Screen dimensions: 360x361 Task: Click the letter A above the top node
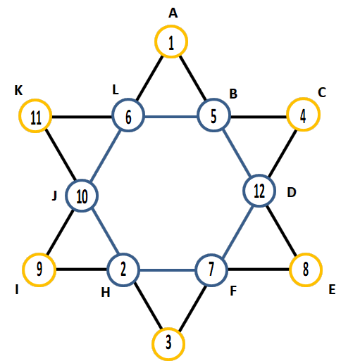[x=173, y=13]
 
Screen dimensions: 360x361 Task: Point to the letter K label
[x=18, y=90]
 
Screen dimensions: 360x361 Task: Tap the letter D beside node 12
[x=292, y=193]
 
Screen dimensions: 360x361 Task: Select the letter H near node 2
[x=106, y=293]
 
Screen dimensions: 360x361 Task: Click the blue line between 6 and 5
[x=171, y=116]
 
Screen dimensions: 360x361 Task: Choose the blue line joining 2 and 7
[x=168, y=270]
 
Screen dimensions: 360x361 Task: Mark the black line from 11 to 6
[x=82, y=116]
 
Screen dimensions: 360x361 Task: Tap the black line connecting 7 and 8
[x=259, y=270]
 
